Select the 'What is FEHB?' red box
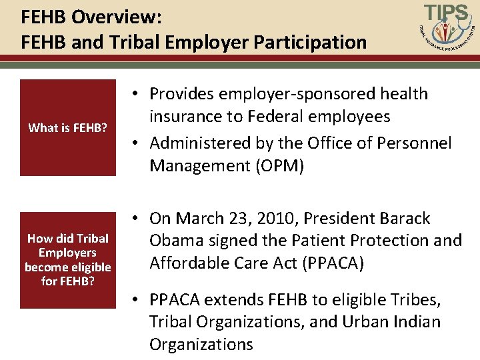(x=68, y=127)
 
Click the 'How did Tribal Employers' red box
(x=68, y=260)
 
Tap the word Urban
(x=365, y=322)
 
